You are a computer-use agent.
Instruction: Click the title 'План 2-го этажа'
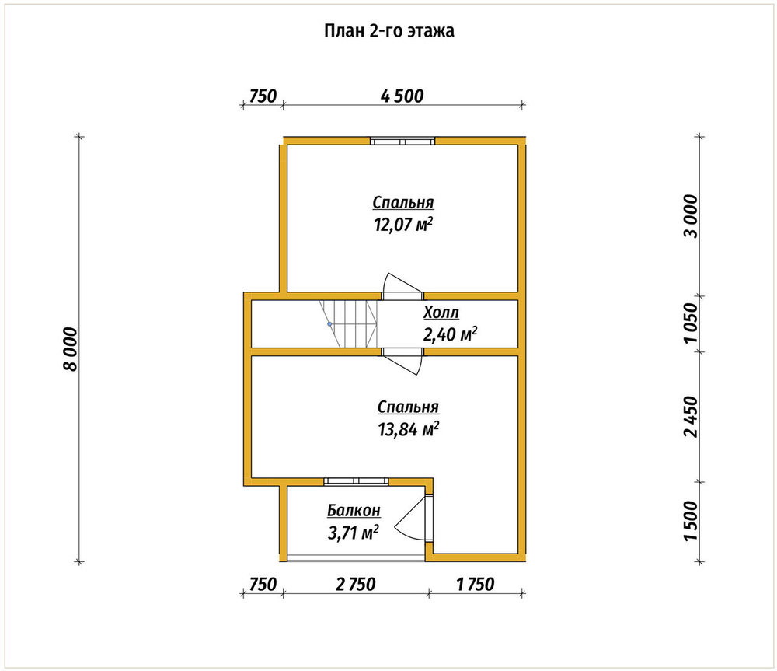(389, 31)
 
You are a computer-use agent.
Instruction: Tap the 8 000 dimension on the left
(71, 349)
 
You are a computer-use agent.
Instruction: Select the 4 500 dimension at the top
(402, 96)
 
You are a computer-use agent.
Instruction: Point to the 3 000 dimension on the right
(690, 216)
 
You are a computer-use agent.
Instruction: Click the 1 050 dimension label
(690, 323)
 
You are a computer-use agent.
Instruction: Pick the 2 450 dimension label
(690, 417)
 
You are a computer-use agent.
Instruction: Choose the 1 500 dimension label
(690, 521)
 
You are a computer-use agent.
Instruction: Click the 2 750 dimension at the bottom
(355, 585)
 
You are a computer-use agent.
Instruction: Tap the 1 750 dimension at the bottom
(476, 585)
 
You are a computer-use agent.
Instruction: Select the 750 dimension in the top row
(263, 96)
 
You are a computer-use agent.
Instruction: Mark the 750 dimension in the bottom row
(263, 585)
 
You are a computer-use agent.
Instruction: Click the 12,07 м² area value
(403, 225)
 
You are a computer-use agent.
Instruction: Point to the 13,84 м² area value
(409, 429)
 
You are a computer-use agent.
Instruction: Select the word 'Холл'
(441, 313)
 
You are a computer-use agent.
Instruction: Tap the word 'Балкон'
(354, 510)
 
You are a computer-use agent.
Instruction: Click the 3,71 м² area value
(354, 533)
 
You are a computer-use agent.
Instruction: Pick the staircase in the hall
(347, 324)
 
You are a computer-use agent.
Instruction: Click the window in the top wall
(402, 142)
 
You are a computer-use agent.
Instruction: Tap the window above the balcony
(357, 481)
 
